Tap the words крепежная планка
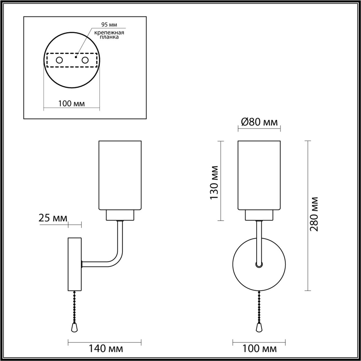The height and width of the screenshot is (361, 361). click(x=109, y=35)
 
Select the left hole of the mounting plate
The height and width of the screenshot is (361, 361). click(x=59, y=60)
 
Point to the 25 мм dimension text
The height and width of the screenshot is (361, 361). click(x=53, y=218)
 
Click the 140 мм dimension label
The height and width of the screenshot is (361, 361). click(x=105, y=349)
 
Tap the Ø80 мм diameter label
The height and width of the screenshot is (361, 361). click(x=259, y=122)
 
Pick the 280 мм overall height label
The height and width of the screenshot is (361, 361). click(x=314, y=214)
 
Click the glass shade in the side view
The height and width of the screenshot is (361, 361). click(x=120, y=175)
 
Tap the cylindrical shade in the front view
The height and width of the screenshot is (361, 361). click(x=259, y=175)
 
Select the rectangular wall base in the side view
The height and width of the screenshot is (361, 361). click(x=75, y=264)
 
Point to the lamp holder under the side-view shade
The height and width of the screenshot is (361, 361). click(x=120, y=216)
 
